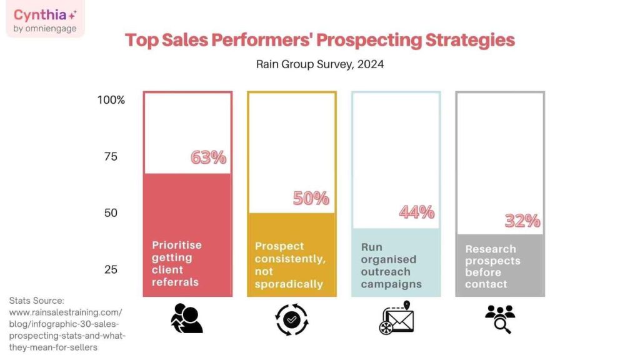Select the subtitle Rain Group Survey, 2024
(x=320, y=64)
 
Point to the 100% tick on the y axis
(x=111, y=100)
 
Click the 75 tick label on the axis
(x=111, y=156)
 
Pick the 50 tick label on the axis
(x=111, y=213)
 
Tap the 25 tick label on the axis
(x=111, y=269)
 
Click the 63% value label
(x=208, y=157)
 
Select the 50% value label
(x=311, y=198)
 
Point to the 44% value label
(x=416, y=212)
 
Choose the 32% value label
(x=522, y=221)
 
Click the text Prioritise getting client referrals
(x=176, y=263)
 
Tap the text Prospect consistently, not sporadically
(x=289, y=265)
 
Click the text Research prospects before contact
(x=492, y=266)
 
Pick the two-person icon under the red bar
(x=186, y=318)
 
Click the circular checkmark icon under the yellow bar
(x=291, y=319)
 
